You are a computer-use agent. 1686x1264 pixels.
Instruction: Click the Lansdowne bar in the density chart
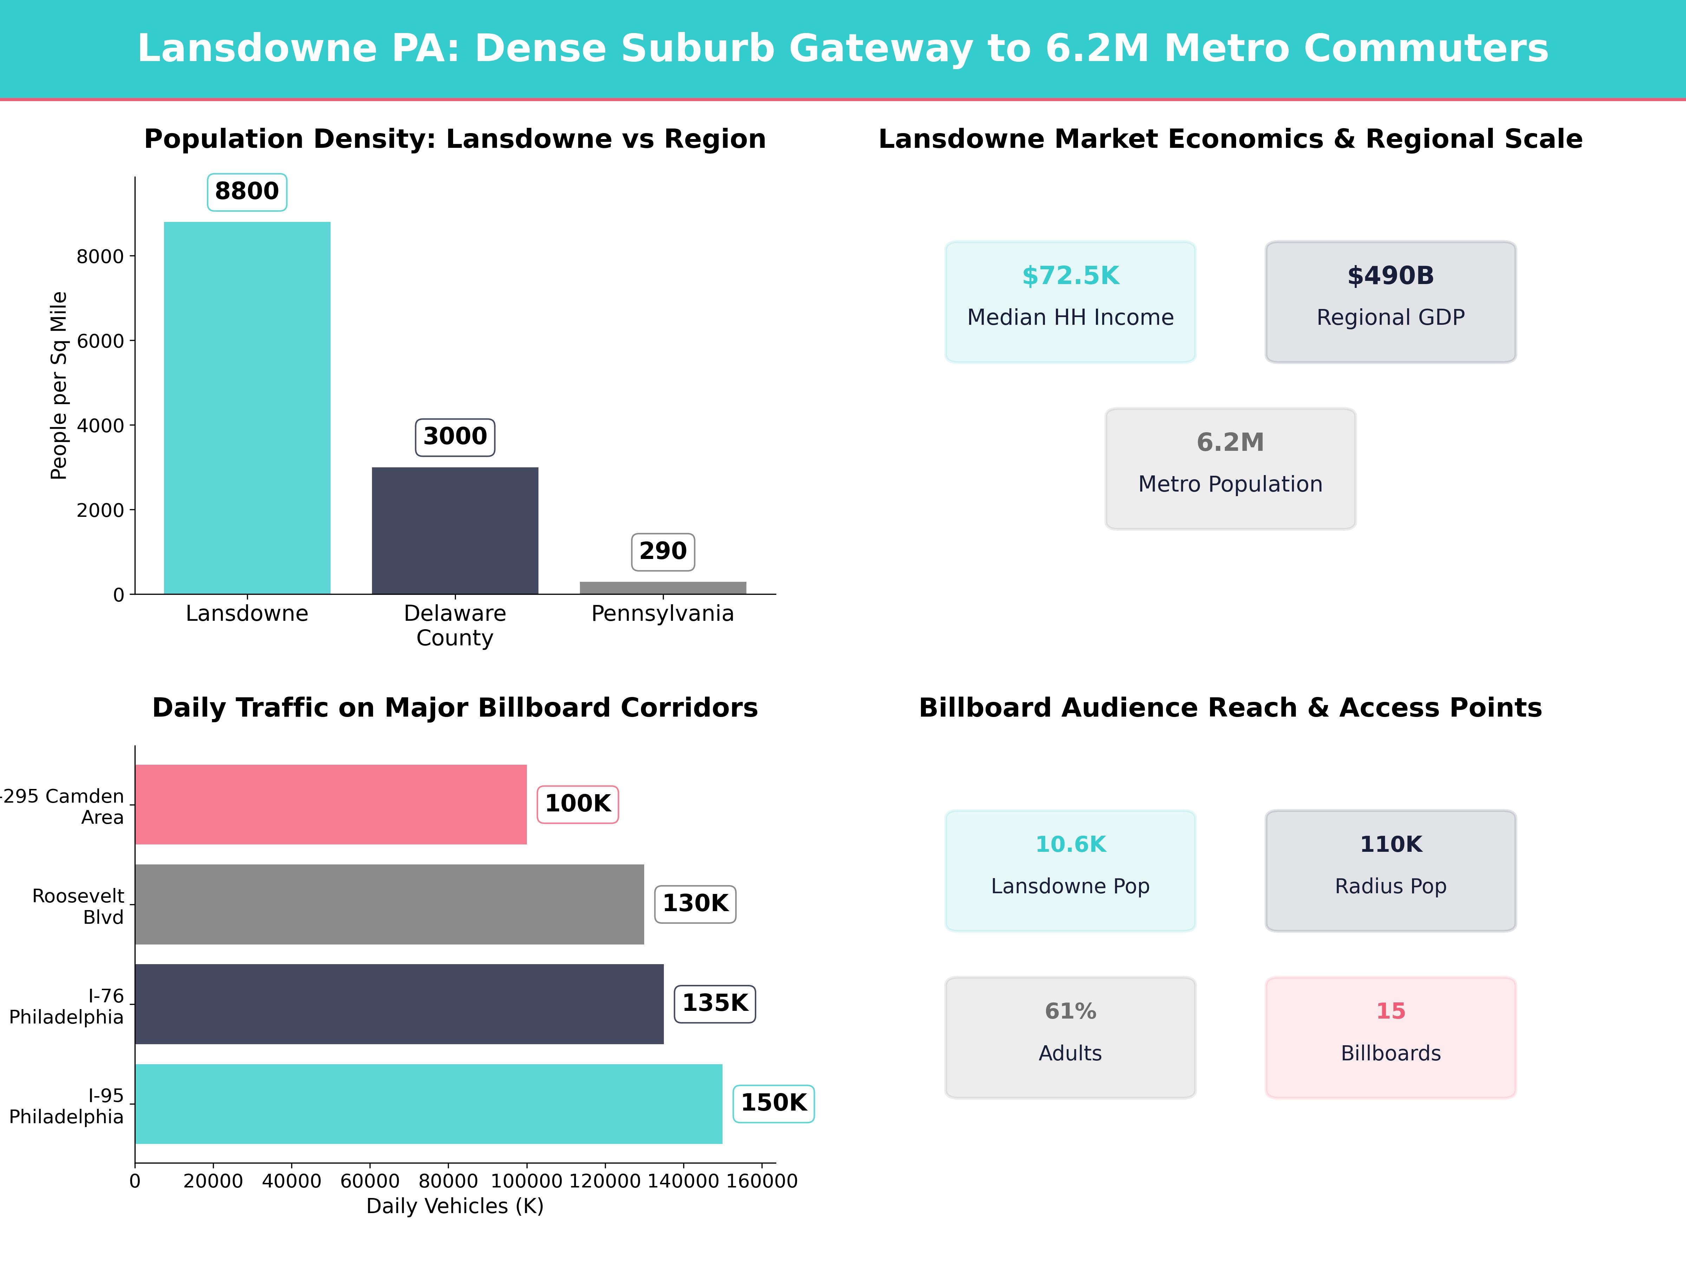pyautogui.click(x=247, y=408)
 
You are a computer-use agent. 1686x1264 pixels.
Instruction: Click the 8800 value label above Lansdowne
pyautogui.click(x=247, y=191)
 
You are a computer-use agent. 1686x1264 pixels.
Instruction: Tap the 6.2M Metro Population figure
pyautogui.click(x=1230, y=442)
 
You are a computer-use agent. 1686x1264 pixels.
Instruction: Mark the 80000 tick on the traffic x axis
pyautogui.click(x=448, y=1181)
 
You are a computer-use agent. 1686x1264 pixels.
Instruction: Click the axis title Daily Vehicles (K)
pyautogui.click(x=455, y=1206)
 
